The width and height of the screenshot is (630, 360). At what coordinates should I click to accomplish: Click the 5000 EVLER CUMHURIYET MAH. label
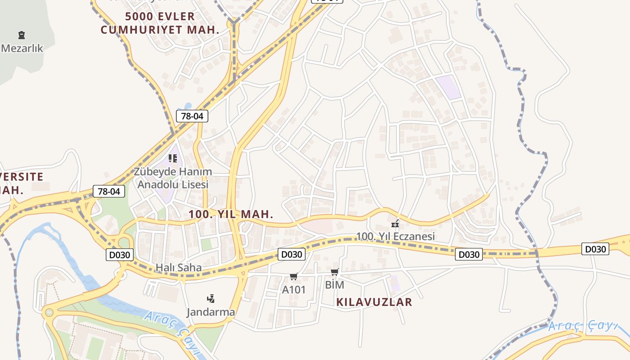click(x=160, y=23)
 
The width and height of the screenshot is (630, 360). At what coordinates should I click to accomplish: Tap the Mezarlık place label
click(x=22, y=48)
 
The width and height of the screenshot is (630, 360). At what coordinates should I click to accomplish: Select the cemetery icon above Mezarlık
click(x=21, y=35)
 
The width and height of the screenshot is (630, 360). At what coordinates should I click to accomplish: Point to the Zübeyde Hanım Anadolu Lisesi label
click(x=173, y=178)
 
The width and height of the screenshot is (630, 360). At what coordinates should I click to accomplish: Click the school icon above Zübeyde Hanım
click(x=173, y=158)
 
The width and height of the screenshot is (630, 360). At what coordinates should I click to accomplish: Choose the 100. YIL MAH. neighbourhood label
click(x=231, y=214)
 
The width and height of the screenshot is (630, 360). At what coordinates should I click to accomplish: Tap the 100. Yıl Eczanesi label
click(x=396, y=236)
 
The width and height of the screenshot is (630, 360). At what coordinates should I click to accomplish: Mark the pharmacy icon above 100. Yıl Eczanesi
click(x=395, y=223)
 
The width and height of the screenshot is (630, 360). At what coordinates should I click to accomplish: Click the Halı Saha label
click(x=179, y=267)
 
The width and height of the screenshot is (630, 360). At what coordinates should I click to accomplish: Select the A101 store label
click(x=293, y=290)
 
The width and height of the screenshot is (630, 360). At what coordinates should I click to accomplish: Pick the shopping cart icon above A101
click(x=293, y=276)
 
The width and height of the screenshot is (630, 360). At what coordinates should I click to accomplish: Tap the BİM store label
click(x=334, y=285)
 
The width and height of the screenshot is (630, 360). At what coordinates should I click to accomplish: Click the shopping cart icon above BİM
click(x=334, y=272)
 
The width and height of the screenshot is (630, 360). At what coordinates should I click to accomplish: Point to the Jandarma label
click(x=211, y=312)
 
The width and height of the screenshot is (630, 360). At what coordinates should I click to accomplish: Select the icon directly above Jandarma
click(x=211, y=298)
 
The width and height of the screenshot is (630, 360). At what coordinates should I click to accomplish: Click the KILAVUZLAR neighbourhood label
click(x=374, y=302)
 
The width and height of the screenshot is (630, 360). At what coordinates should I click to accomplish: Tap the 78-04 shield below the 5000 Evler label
click(x=192, y=116)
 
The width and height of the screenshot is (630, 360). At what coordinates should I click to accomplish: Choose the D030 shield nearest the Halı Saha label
click(x=120, y=255)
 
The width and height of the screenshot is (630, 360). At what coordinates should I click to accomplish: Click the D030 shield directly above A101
click(x=291, y=254)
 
